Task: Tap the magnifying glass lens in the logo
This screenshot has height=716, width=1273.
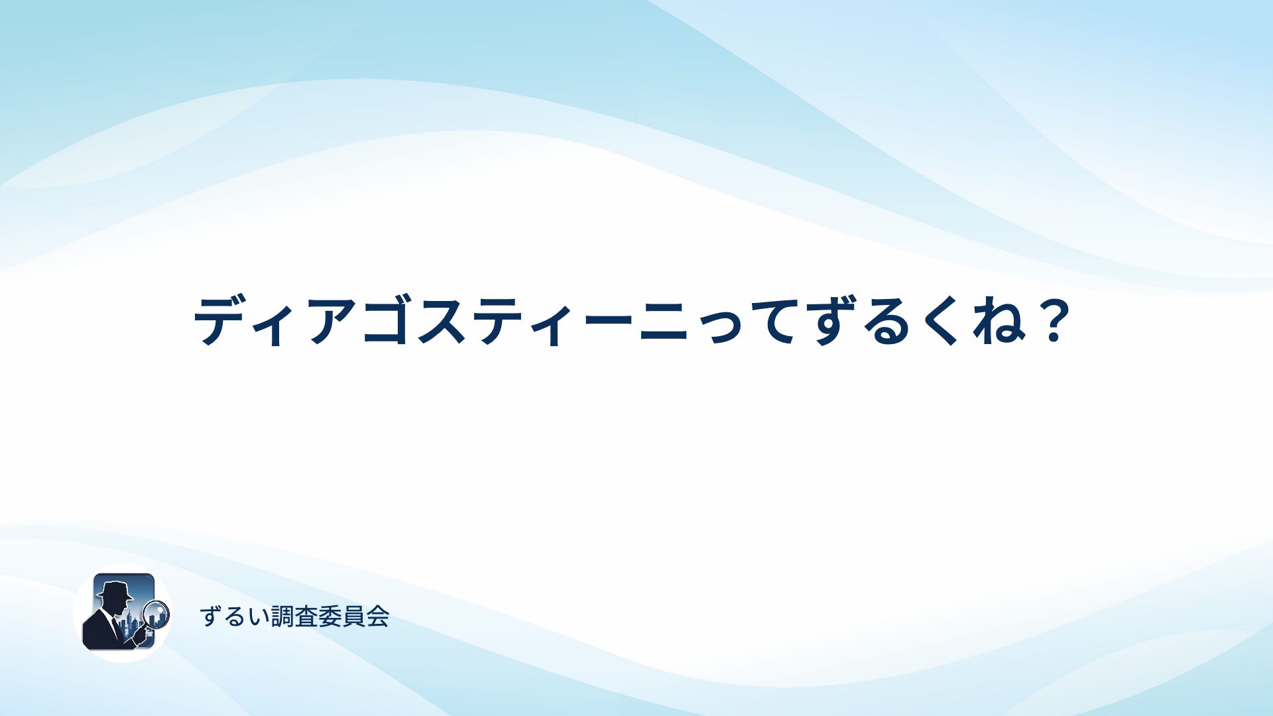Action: (x=156, y=613)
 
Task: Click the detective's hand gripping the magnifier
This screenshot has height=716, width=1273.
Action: (x=140, y=636)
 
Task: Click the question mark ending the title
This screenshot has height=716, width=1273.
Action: (x=1054, y=320)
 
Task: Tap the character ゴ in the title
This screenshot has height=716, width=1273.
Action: (x=387, y=320)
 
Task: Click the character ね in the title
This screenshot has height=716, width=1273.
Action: (x=999, y=322)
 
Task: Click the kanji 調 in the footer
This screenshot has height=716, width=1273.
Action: (x=283, y=617)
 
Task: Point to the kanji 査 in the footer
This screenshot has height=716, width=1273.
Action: (x=307, y=617)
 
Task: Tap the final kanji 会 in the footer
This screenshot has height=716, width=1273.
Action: (x=377, y=617)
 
